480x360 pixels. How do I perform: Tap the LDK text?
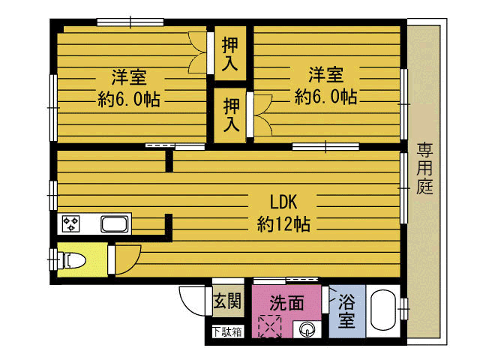pos(284,201)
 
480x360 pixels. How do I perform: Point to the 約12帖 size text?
pos(284,223)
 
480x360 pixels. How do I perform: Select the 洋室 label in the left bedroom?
pos(128,76)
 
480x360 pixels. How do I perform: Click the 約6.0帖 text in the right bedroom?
pos(325,96)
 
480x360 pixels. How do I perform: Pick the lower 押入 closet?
pos(232,114)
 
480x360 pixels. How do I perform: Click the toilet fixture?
pos(73,260)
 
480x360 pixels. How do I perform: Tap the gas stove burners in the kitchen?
pos(72,223)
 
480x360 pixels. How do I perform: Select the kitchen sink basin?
pos(115,223)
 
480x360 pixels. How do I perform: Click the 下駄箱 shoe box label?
pos(226,331)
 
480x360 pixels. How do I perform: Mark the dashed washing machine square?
pos(268,327)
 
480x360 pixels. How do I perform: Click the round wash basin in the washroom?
pos(306,328)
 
